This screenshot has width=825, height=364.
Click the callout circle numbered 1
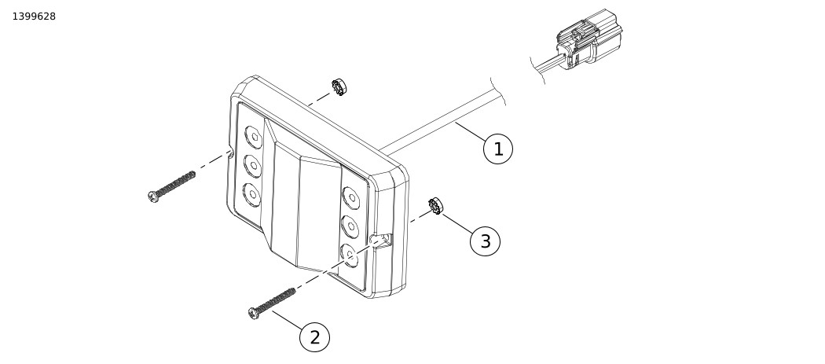[x=497, y=149]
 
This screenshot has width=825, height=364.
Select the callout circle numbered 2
[x=314, y=337]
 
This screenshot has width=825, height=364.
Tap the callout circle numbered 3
[x=485, y=241]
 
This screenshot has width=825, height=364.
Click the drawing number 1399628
[x=34, y=17]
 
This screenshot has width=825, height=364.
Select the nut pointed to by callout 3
[x=436, y=208]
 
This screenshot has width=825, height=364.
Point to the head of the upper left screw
[x=154, y=196]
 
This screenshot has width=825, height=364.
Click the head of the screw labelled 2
[x=255, y=313]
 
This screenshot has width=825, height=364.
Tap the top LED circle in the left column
[x=253, y=138]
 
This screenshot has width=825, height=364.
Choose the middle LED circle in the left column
[x=253, y=166]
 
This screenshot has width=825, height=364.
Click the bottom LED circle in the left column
[x=252, y=193]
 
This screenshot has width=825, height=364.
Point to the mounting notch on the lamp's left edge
[x=230, y=154]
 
